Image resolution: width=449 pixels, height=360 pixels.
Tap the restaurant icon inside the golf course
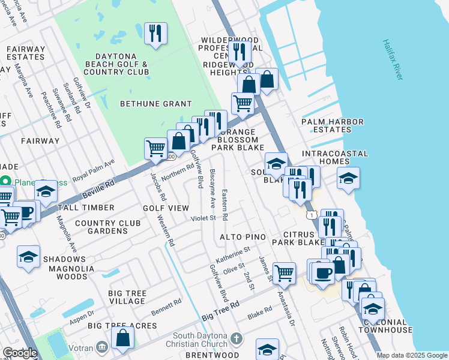pyautogui.click(x=155, y=34)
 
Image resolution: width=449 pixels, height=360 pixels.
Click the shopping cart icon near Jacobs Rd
pyautogui.click(x=155, y=148)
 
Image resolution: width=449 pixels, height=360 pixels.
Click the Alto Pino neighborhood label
pyautogui.click(x=243, y=237)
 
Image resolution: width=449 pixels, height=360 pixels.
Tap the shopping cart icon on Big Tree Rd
pyautogui.click(x=284, y=273)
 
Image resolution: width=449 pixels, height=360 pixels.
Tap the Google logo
pyautogui.click(x=20, y=353)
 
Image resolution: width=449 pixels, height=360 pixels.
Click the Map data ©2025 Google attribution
pyautogui.click(x=411, y=355)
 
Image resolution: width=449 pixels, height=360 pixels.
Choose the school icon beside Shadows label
pyautogui.click(x=28, y=256)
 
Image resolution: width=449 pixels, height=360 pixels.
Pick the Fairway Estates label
pyautogui.click(x=25, y=53)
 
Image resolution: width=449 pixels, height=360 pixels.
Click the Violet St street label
pyautogui.click(x=203, y=218)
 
